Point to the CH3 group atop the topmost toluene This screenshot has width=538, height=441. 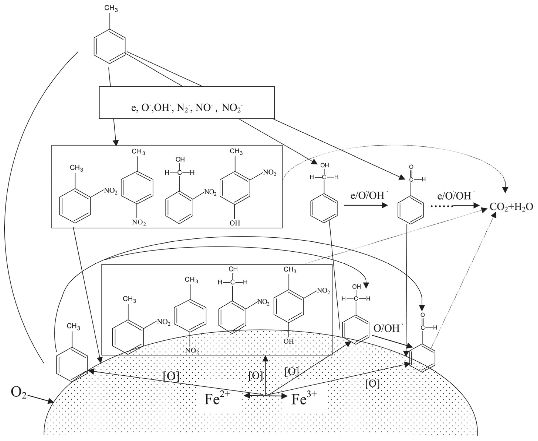(x=111, y=8)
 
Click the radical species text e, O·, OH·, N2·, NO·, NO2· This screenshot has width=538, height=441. (x=187, y=108)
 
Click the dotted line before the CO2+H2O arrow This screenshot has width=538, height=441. (x=442, y=206)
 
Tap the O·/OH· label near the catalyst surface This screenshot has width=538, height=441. (x=388, y=328)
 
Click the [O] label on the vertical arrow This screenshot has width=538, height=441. (x=255, y=376)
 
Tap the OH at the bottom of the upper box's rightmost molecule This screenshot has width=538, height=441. (x=235, y=223)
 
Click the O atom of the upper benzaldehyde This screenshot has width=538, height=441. (x=411, y=167)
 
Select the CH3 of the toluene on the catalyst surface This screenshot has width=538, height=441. (x=73, y=326)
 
